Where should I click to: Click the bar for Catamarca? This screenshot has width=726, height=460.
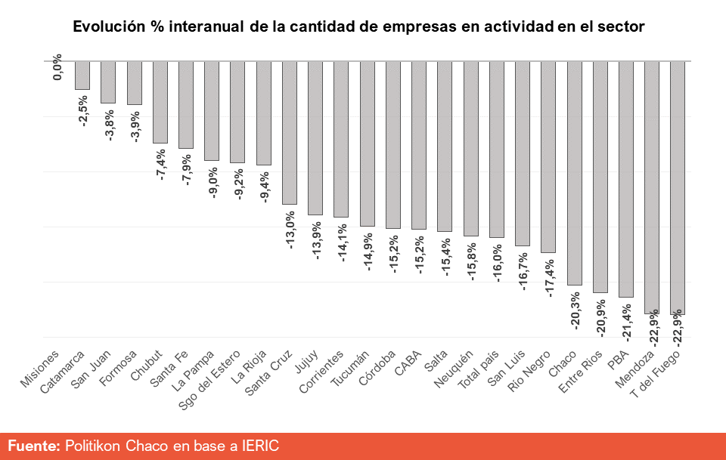(x=82, y=75)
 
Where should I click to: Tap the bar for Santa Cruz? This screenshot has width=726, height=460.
(x=289, y=132)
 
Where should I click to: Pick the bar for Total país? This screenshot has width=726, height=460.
(x=496, y=149)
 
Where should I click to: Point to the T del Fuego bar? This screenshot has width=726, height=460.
(x=678, y=187)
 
